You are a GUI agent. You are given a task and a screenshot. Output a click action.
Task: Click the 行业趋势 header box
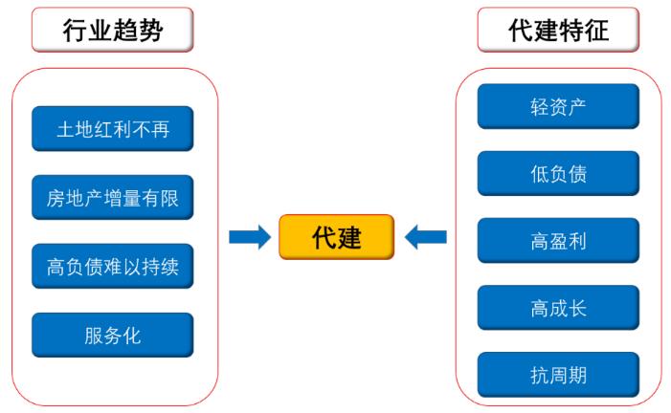click(x=113, y=30)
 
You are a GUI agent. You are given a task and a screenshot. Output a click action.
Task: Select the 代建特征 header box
click(x=558, y=30)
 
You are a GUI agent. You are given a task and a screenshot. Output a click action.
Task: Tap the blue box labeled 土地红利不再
click(x=113, y=129)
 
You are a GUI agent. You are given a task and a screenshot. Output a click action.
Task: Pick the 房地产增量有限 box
click(x=113, y=198)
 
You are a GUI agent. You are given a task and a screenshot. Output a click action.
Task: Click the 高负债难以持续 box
click(x=113, y=267)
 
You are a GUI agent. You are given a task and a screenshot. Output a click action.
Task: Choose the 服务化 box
click(x=113, y=336)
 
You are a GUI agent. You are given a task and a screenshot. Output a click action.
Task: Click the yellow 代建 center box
click(x=336, y=237)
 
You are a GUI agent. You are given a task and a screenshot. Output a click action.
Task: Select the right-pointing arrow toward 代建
click(x=250, y=237)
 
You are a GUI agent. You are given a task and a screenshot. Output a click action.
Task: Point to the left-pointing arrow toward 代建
click(x=425, y=237)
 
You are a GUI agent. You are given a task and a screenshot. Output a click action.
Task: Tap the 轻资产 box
click(x=558, y=106)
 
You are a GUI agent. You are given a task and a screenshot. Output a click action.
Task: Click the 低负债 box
click(x=558, y=174)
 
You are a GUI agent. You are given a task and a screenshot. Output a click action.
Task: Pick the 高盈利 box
click(x=558, y=241)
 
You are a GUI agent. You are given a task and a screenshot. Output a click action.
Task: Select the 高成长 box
click(x=558, y=308)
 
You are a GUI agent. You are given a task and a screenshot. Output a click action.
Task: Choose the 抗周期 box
click(x=558, y=375)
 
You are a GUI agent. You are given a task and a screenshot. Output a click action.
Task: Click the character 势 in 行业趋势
click(x=150, y=30)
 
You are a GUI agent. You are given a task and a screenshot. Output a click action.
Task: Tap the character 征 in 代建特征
click(x=595, y=30)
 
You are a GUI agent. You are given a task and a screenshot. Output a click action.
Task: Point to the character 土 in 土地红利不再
click(x=66, y=129)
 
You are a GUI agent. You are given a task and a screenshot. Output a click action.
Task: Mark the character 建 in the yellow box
click(x=349, y=237)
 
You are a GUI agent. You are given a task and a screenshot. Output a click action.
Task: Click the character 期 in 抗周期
click(x=577, y=376)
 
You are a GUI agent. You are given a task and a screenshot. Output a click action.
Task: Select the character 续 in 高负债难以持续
click(x=169, y=267)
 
